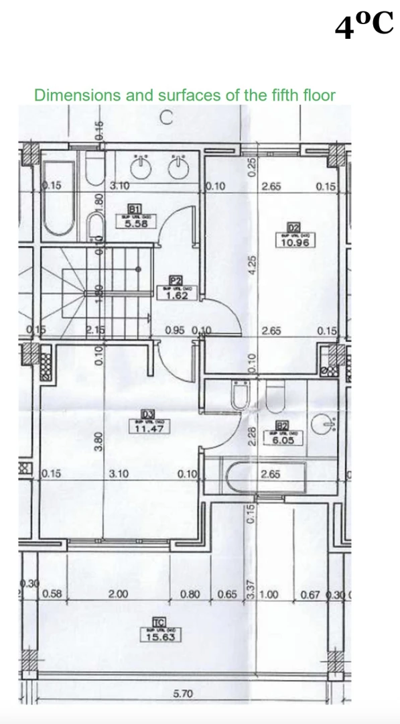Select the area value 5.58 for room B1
coord(136,225)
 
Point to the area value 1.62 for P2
coord(176,295)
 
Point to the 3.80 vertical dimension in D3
coord(97,440)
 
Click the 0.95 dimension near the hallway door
coord(176,330)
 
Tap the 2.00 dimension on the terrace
coord(119,594)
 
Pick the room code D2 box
coord(293,229)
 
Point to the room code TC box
coord(159,623)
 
